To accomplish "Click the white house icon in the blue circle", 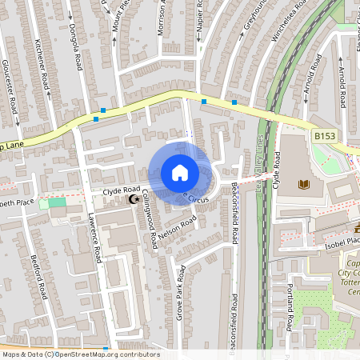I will (x=180, y=172).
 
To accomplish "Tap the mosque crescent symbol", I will (x=134, y=198).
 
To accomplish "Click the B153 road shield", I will (x=324, y=137).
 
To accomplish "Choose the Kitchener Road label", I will (x=46, y=70).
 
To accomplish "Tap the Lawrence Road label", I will (x=95, y=240).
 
